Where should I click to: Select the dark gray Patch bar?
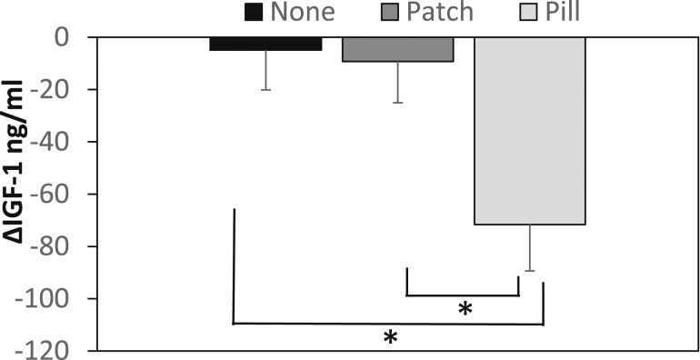pos(397,49)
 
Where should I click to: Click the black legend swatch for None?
pos(255,12)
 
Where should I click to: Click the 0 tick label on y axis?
pos(61,37)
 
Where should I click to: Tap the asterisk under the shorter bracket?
pos(465,309)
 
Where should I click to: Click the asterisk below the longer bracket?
pos(390,337)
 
